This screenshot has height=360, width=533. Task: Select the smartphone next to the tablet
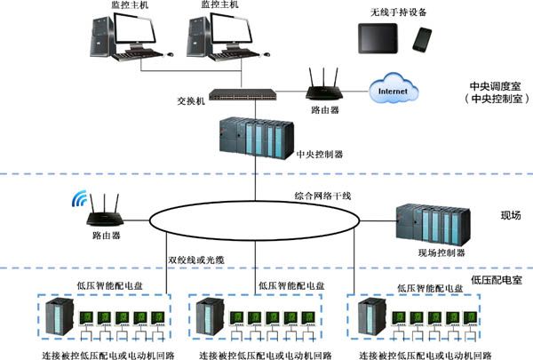(x=423, y=40)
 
